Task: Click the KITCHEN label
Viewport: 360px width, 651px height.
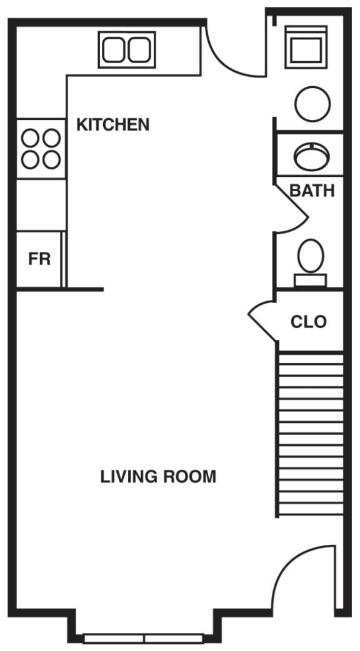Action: (x=112, y=124)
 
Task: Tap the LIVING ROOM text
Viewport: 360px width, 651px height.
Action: (x=158, y=477)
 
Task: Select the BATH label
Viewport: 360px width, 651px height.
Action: (x=312, y=191)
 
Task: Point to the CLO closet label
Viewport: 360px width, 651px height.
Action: (x=309, y=322)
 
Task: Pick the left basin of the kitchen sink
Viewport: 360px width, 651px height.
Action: (x=114, y=50)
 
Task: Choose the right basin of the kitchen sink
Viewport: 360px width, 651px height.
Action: (x=139, y=50)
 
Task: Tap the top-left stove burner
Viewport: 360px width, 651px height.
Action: (x=31, y=137)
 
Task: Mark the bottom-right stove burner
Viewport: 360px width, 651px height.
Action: (x=52, y=159)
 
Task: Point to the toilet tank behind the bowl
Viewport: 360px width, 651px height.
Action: (x=311, y=281)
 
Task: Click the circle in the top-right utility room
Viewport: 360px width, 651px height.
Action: (x=312, y=104)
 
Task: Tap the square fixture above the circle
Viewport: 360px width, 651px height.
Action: (x=306, y=47)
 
